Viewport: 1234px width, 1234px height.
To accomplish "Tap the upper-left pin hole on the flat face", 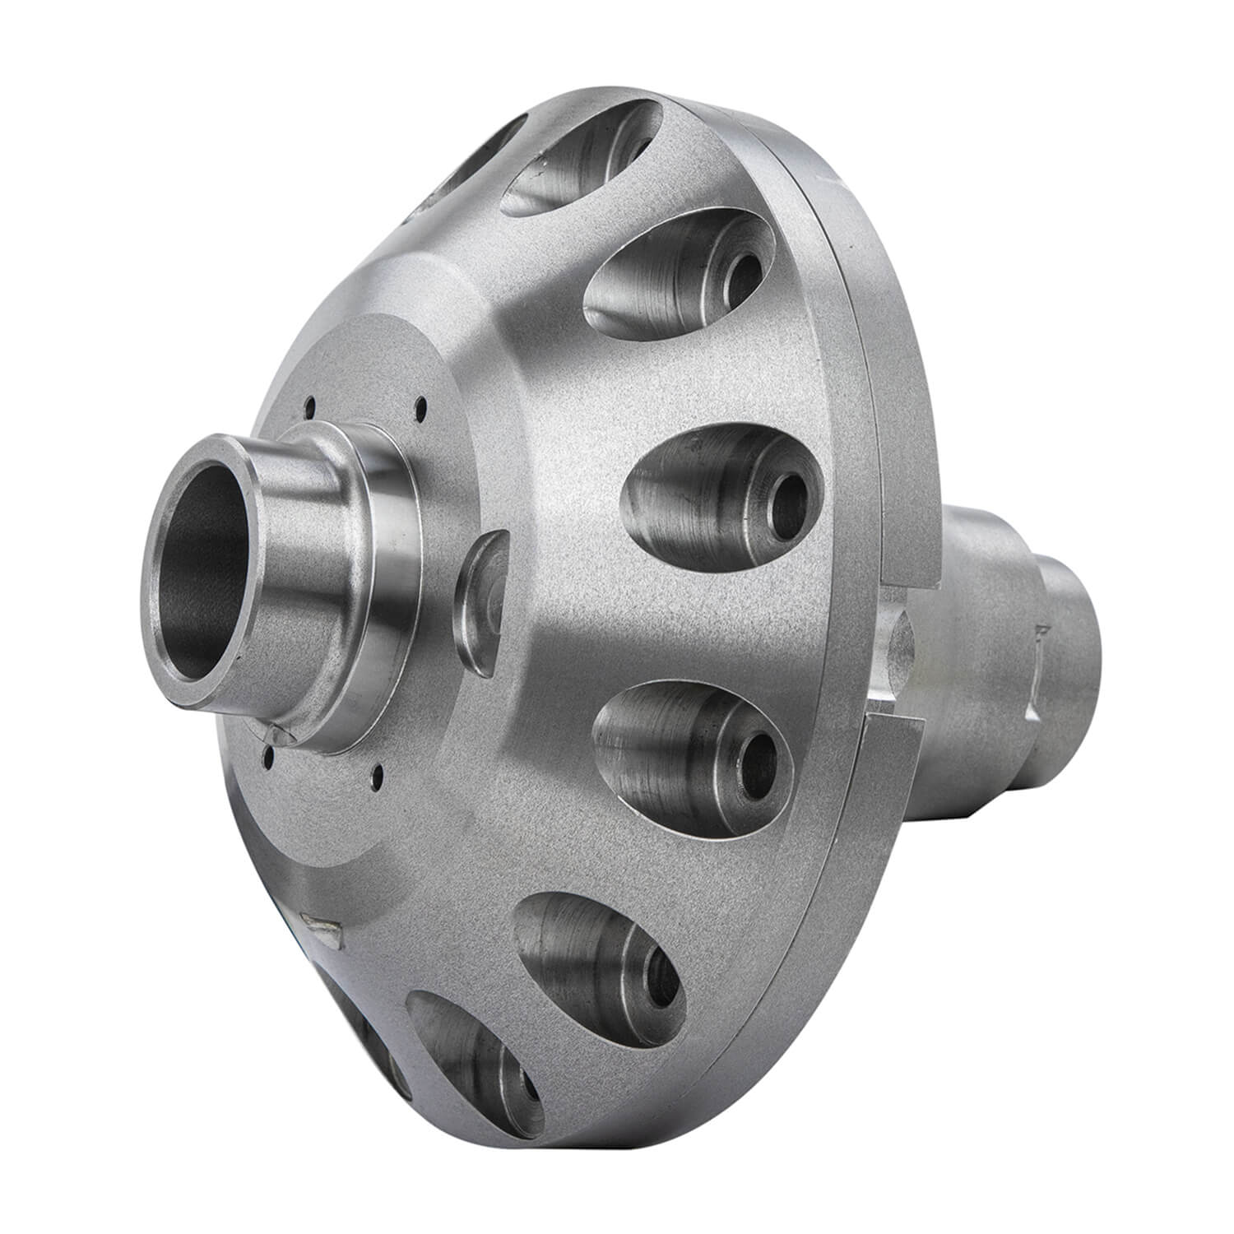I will (311, 404).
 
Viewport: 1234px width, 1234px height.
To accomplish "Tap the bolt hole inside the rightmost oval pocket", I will (791, 495).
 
